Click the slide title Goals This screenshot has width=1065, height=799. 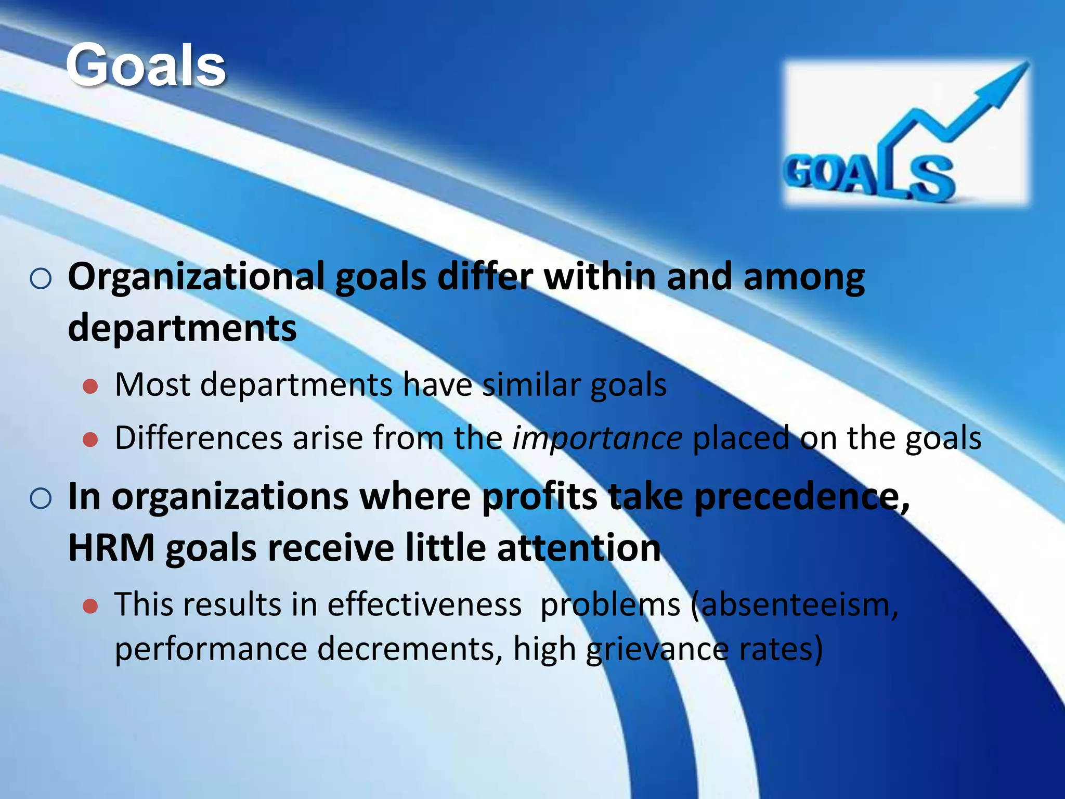click(146, 66)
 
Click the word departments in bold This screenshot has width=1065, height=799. click(182, 328)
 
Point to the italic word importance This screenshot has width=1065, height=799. click(597, 438)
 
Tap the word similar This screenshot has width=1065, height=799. click(531, 385)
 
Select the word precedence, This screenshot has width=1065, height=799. click(801, 497)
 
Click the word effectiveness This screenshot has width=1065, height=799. click(424, 605)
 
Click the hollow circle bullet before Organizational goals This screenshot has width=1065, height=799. click(41, 279)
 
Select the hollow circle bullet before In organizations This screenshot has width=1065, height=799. click(41, 499)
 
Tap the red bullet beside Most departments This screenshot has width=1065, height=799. click(90, 386)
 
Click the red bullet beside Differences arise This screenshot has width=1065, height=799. click(90, 440)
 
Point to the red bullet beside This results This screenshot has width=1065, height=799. click(90, 606)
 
